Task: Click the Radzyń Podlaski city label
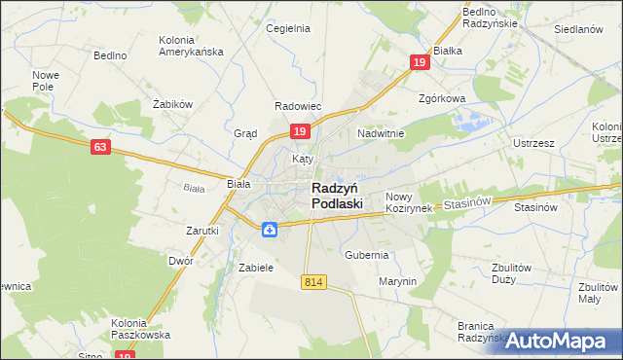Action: (x=337, y=196)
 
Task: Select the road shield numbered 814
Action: (x=312, y=281)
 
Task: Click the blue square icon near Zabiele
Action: (x=270, y=230)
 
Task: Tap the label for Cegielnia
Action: (x=288, y=28)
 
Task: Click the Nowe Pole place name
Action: (x=46, y=81)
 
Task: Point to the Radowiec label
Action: (x=298, y=106)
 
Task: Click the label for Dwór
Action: (x=180, y=261)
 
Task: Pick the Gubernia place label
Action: (x=366, y=255)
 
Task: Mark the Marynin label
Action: (x=397, y=281)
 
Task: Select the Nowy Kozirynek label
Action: (x=408, y=202)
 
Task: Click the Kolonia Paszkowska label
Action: (x=141, y=329)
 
